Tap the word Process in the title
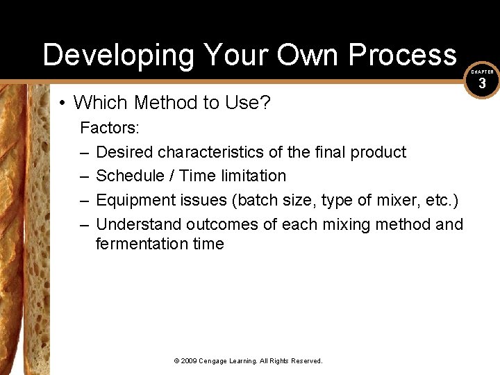[403, 54]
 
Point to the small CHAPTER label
[483, 72]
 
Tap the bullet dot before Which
[62, 103]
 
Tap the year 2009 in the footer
[190, 361]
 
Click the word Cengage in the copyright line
[215, 361]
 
